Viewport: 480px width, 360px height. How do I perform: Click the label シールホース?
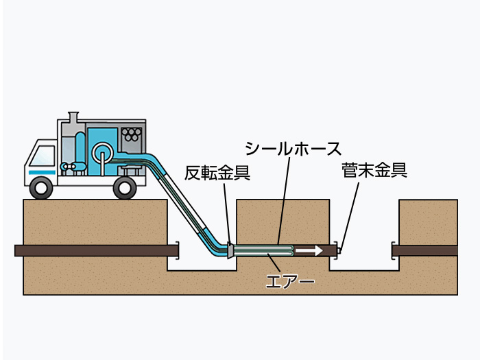point(293,149)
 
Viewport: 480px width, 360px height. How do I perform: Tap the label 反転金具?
point(217,173)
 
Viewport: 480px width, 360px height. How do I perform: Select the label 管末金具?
point(374,171)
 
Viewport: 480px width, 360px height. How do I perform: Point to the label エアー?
point(290,281)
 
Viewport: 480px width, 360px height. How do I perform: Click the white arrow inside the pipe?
point(309,251)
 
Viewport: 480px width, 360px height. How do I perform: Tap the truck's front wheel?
point(41,188)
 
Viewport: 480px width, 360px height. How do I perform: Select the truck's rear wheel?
point(125,188)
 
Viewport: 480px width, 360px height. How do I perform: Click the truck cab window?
point(43,156)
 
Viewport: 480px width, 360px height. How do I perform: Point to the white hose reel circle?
point(103,152)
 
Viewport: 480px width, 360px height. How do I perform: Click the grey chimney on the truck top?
point(73,118)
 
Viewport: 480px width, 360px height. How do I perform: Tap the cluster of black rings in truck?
point(132,134)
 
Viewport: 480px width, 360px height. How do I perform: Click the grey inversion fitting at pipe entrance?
point(230,250)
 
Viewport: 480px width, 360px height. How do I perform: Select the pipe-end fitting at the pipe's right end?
point(339,251)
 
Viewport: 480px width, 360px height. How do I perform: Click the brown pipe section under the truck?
point(97,251)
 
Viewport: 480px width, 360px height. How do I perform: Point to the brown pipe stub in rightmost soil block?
point(425,251)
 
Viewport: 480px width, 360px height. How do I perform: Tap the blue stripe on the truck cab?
point(43,173)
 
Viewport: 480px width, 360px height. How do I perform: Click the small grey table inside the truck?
point(132,169)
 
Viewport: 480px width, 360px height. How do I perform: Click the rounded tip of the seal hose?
point(292,251)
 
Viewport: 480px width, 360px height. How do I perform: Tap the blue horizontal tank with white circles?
point(73,167)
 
